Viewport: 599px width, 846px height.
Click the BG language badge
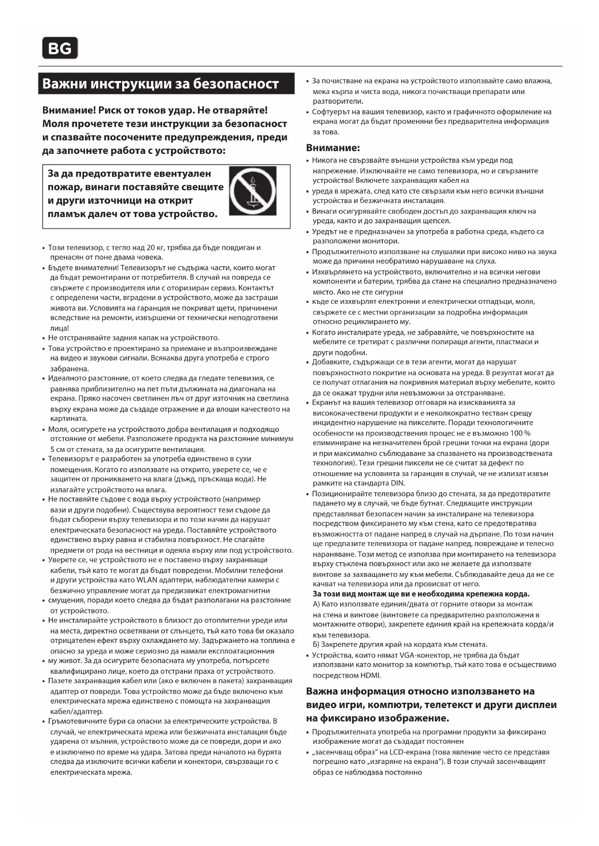coord(60,48)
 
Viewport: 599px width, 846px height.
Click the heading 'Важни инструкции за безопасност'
coord(161,83)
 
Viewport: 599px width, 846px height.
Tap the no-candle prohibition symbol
coord(252,191)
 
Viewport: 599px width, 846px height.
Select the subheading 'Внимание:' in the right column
coord(333,148)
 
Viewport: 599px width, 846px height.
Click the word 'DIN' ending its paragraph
coord(397,483)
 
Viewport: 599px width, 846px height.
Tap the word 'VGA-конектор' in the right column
coord(422,655)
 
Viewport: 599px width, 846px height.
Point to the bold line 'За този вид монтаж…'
coord(421,594)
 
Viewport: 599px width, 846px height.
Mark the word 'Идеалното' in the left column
coord(66,378)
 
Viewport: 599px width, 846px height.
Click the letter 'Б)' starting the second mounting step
coord(316,644)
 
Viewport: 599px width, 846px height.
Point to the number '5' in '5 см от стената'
coord(52,450)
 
